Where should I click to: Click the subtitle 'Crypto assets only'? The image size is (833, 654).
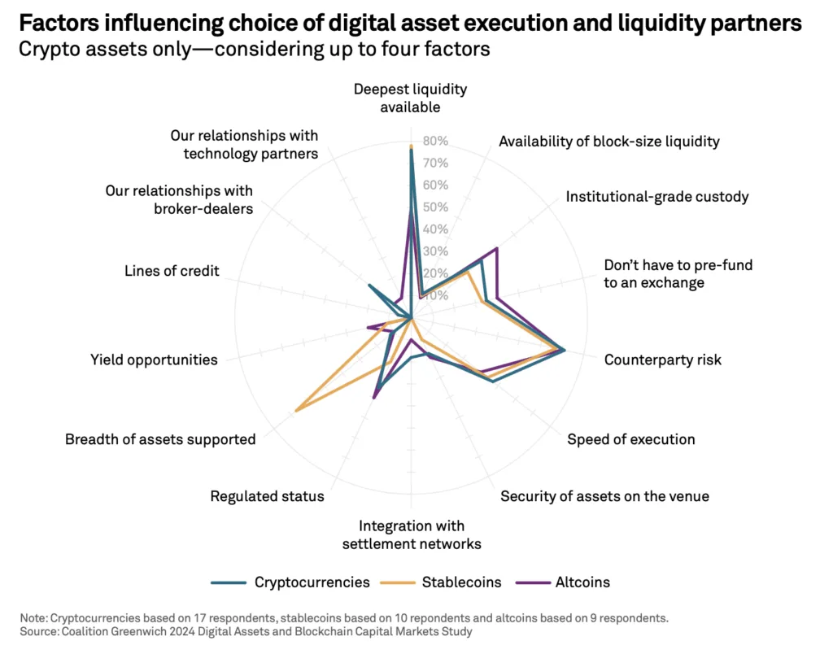pyautogui.click(x=254, y=50)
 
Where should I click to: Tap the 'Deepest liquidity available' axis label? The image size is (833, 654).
pyautogui.click(x=410, y=98)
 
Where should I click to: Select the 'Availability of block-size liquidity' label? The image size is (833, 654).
pyautogui.click(x=608, y=142)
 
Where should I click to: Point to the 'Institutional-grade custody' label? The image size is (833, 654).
pyautogui.click(x=657, y=197)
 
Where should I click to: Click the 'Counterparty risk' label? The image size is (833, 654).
pyautogui.click(x=662, y=360)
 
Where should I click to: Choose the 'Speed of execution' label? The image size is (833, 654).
pyautogui.click(x=630, y=439)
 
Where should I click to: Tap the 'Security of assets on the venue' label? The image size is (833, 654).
pyautogui.click(x=604, y=496)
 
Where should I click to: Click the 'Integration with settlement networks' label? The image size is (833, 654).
pyautogui.click(x=412, y=534)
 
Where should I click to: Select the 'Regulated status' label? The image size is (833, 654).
pyautogui.click(x=267, y=496)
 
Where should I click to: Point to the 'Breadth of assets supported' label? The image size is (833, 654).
pyautogui.click(x=160, y=439)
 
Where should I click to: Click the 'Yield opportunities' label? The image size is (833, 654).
pyautogui.click(x=154, y=360)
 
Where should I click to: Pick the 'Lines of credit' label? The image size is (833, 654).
pyautogui.click(x=172, y=271)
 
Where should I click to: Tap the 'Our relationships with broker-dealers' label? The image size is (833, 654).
pyautogui.click(x=179, y=199)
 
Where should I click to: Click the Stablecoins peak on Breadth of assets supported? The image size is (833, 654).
pyautogui.click(x=295, y=411)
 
